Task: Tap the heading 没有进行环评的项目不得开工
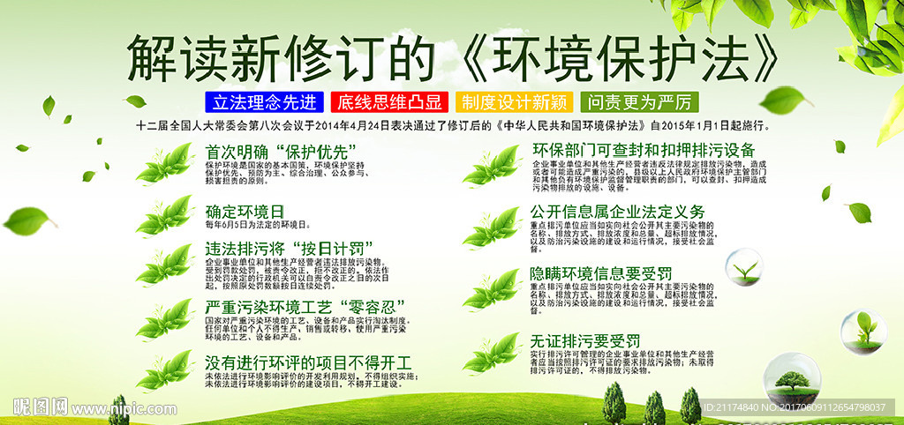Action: click(x=308, y=362)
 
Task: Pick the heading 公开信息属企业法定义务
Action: click(x=617, y=212)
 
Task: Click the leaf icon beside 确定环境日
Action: click(x=165, y=215)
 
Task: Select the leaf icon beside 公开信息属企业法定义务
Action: click(x=492, y=225)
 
